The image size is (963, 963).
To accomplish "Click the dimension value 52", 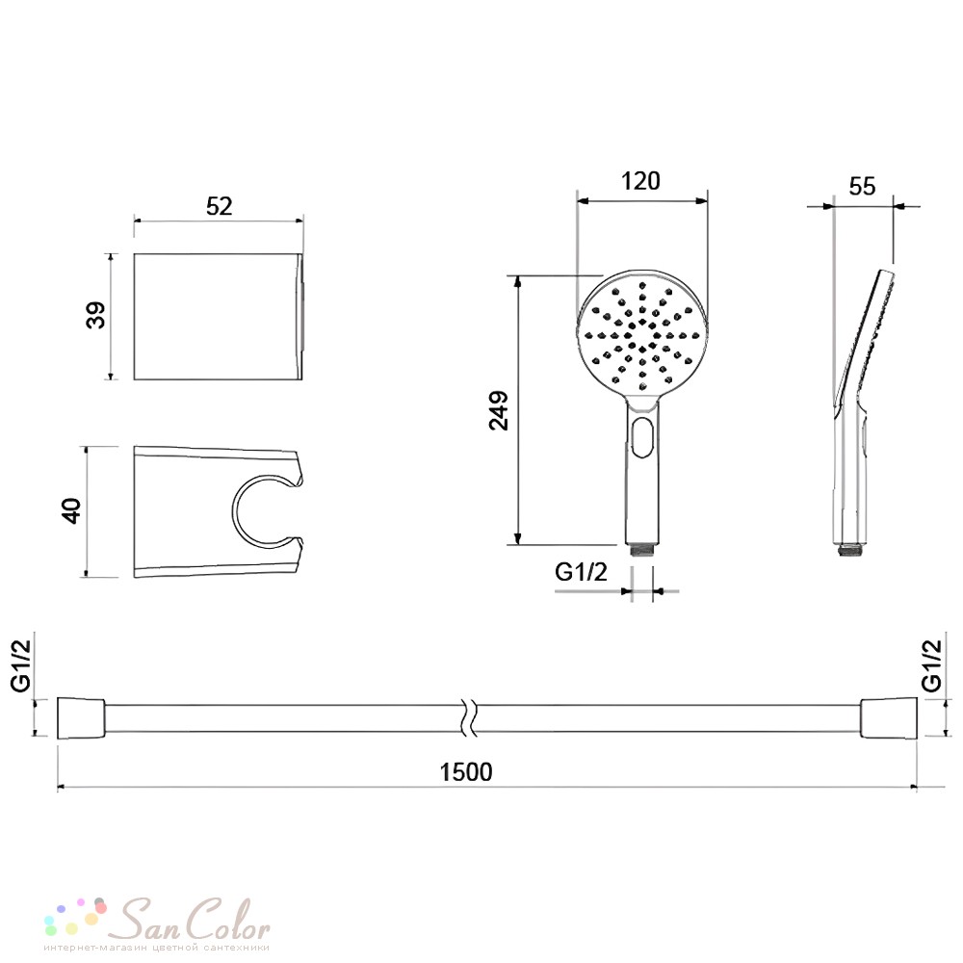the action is (x=220, y=206).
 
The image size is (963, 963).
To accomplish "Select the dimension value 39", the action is (x=95, y=316).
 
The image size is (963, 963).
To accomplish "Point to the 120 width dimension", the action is (x=640, y=181).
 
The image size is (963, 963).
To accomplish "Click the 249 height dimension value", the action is (x=499, y=410).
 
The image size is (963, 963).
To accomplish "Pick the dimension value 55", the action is (x=862, y=187).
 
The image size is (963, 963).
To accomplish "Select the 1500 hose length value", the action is (x=466, y=772).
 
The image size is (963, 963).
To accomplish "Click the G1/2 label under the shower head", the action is (x=581, y=572).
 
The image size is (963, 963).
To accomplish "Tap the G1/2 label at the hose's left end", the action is (x=21, y=665).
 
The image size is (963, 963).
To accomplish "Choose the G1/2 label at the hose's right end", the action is (x=931, y=665).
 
